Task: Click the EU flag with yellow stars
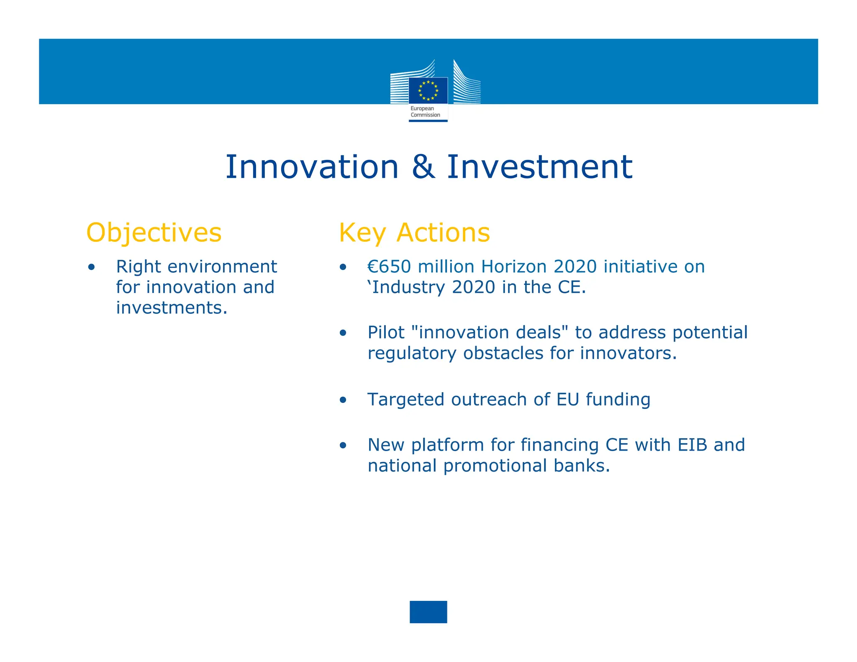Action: pos(428,90)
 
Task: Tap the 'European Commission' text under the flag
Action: pos(425,112)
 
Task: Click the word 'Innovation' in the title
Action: pos(312,167)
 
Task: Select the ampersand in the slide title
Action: pos(423,167)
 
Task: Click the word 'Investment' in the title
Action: pos(539,167)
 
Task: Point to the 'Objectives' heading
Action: pos(154,233)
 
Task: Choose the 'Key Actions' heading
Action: pos(414,233)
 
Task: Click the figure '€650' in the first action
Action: pos(389,267)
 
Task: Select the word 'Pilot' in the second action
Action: pos(386,333)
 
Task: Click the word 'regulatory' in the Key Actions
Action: pos(412,354)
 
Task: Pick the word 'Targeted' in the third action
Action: pos(406,400)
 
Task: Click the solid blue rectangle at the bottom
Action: pos(428,612)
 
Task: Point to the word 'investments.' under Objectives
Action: pos(172,308)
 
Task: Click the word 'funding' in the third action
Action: pos(618,400)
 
